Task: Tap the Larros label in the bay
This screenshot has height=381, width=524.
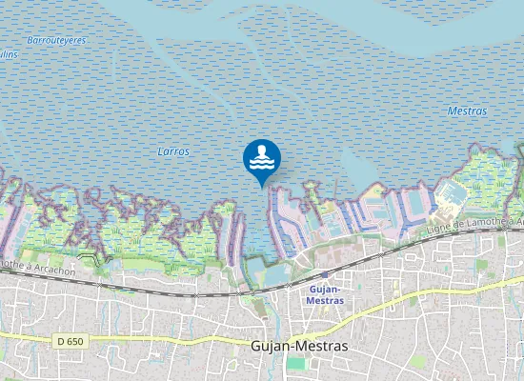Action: [173, 151]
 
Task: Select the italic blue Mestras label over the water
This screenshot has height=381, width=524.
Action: [467, 111]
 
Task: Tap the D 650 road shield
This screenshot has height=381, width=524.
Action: [70, 340]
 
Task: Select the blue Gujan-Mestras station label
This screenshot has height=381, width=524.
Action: [326, 294]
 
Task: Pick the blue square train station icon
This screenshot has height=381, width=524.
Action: [324, 274]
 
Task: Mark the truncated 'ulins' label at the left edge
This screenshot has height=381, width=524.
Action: [9, 54]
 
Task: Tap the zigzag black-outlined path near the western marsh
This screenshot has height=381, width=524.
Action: [91, 258]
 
